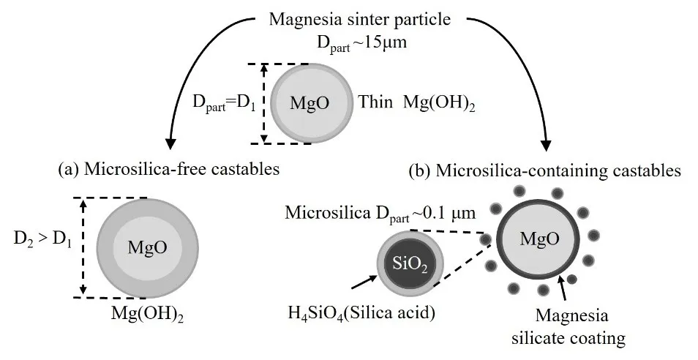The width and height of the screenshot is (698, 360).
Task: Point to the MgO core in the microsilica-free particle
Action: coord(143,247)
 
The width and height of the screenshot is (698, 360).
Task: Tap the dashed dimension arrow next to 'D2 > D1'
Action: coord(83,247)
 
